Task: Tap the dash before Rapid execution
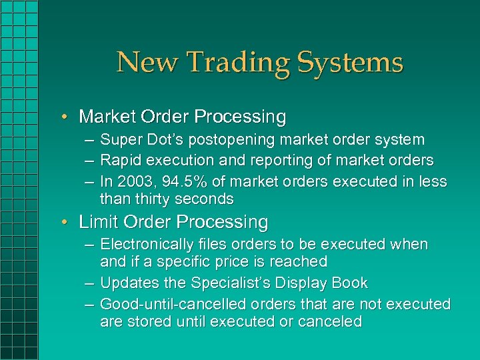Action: pos(89,161)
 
